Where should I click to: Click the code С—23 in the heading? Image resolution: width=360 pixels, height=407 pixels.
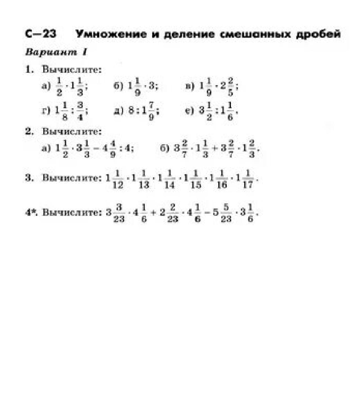(40, 34)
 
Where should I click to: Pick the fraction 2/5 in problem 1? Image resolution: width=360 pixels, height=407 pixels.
(230, 86)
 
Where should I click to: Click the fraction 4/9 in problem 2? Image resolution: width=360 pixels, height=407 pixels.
(112, 148)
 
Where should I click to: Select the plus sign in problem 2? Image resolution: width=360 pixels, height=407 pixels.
(215, 148)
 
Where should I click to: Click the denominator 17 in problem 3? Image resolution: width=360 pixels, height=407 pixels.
(247, 185)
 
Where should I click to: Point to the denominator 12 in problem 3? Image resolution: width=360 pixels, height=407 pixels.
(118, 185)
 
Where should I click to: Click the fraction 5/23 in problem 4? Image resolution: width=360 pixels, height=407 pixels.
(226, 212)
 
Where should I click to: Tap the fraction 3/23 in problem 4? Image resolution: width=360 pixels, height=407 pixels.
(119, 212)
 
